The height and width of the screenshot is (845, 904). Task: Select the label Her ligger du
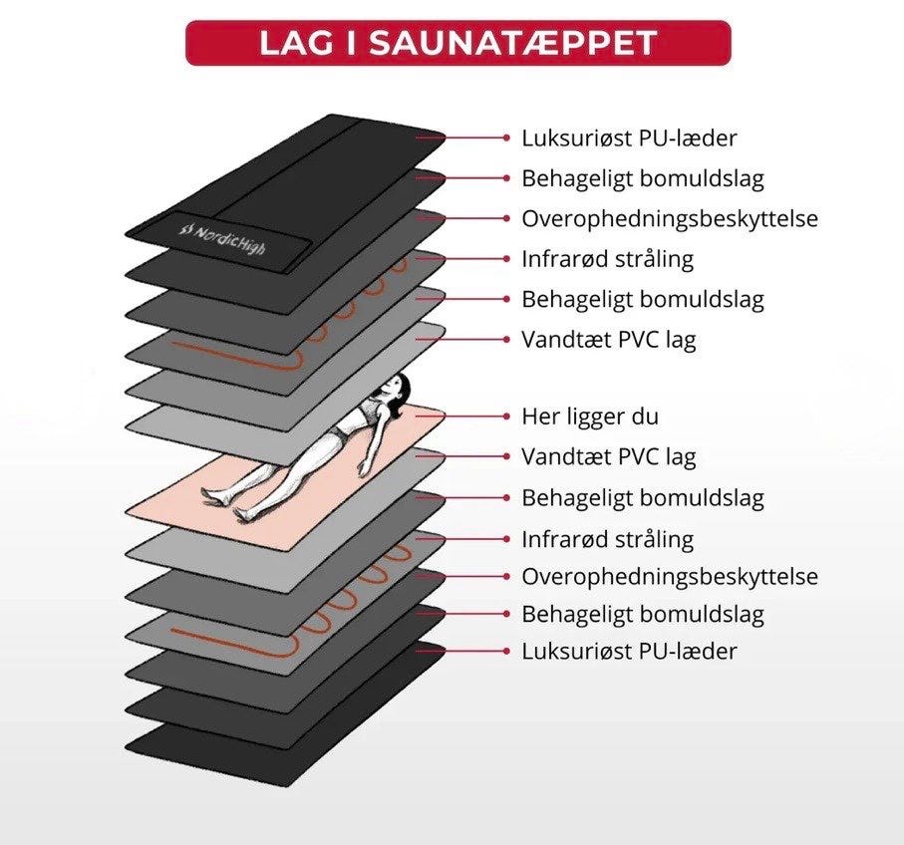(590, 416)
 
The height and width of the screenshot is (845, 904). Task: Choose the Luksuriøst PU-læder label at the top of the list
(629, 138)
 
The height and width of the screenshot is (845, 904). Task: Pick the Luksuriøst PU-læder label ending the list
(629, 652)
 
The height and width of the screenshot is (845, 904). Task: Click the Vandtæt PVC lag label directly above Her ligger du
(608, 339)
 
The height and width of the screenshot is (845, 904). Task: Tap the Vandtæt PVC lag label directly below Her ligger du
(608, 457)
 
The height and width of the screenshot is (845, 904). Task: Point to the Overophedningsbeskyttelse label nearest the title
(670, 218)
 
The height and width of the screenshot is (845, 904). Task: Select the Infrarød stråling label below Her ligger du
(607, 539)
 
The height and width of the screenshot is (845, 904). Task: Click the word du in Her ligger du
(645, 416)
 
